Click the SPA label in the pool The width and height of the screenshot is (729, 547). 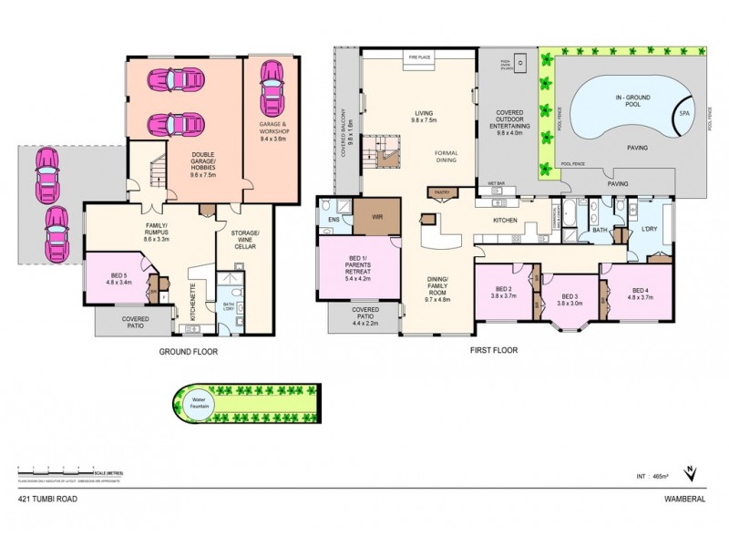click(x=683, y=113)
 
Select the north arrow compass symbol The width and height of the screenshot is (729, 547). click(x=690, y=473)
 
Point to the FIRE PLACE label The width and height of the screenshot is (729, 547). click(x=419, y=57)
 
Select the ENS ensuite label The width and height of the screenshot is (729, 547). click(x=334, y=220)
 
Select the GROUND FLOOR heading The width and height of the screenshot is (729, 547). click(x=189, y=350)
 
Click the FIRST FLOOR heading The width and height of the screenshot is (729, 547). click(x=494, y=350)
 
